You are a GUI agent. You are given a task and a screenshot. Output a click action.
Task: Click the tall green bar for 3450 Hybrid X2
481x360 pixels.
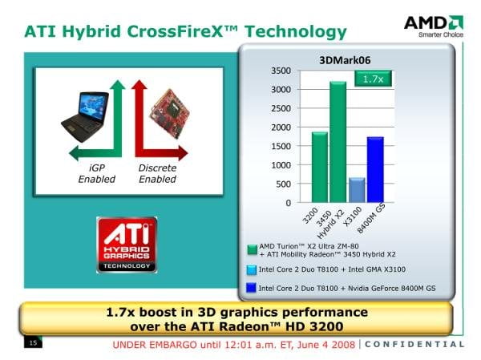[x=338, y=142]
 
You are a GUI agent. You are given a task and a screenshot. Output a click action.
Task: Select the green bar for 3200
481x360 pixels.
[x=320, y=167]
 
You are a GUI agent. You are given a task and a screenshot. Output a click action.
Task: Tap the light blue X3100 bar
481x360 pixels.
[x=357, y=190]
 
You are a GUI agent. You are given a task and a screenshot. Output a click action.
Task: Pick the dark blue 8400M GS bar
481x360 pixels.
[x=375, y=169]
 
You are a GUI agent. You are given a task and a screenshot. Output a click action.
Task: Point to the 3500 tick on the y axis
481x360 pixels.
[x=281, y=71]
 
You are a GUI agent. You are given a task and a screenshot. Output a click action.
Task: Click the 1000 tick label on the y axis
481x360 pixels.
[x=281, y=165]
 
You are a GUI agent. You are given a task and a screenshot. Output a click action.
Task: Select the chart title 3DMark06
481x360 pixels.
[x=345, y=60]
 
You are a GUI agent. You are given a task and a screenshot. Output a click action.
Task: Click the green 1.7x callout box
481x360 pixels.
[x=373, y=79]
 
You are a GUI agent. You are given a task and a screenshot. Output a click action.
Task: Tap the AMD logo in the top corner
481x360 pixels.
[x=434, y=26]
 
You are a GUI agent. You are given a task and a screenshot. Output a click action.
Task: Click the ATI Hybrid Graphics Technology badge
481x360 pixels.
[x=127, y=245]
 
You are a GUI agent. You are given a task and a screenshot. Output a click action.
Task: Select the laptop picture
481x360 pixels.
[x=85, y=116]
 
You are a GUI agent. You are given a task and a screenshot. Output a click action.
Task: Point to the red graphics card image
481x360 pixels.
[x=169, y=114]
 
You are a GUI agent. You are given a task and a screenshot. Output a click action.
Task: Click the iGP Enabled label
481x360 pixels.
[x=97, y=173]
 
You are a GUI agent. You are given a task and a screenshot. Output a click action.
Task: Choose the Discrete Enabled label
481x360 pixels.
[x=157, y=173]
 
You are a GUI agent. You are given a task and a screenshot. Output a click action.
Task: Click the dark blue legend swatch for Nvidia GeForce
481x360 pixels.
[x=251, y=288]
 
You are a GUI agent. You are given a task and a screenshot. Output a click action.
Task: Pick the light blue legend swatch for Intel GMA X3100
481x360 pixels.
[x=251, y=269]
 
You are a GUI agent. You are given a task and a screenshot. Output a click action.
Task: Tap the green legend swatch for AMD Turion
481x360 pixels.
[x=253, y=250]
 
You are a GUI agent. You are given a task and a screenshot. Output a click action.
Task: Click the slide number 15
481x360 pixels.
[x=33, y=342]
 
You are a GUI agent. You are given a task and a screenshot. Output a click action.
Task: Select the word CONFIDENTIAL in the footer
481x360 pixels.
[x=414, y=344]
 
